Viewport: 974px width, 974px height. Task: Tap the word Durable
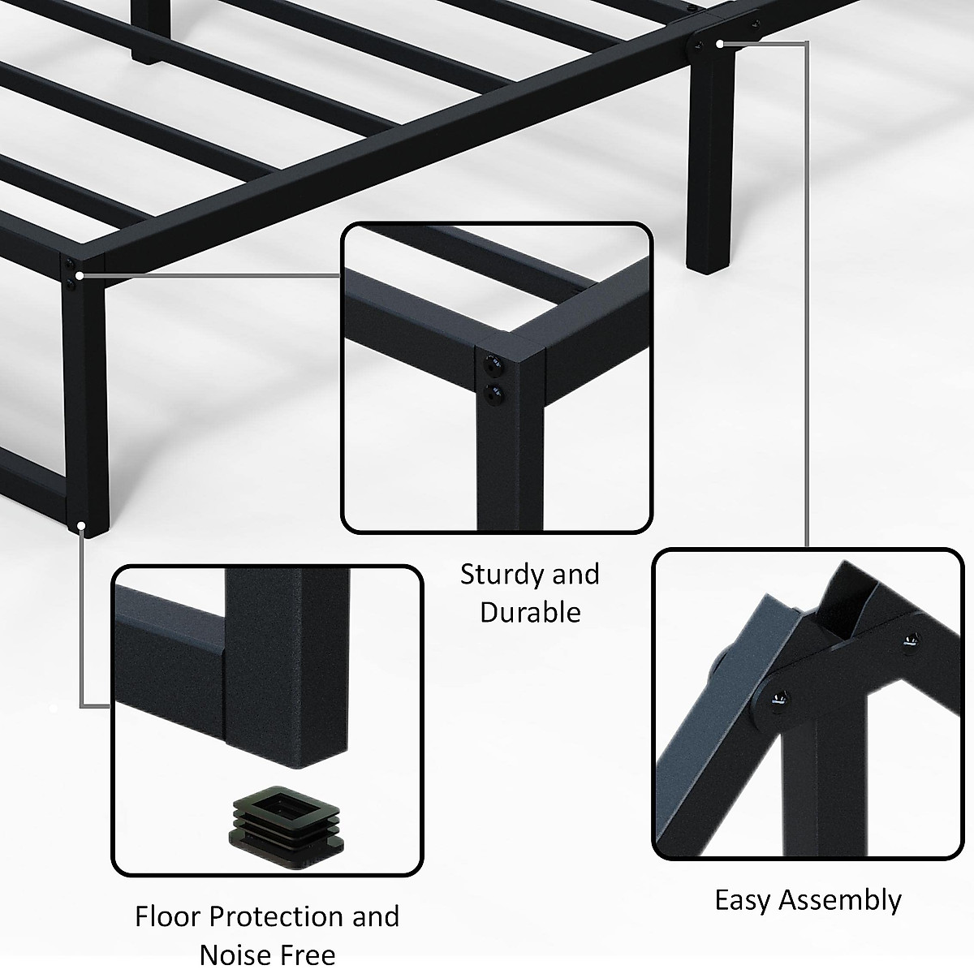[x=530, y=612]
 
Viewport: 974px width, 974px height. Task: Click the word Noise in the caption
[x=235, y=955]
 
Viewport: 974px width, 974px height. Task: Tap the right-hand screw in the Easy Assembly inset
[x=907, y=643]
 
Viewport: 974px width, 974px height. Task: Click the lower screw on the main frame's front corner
[x=74, y=284]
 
